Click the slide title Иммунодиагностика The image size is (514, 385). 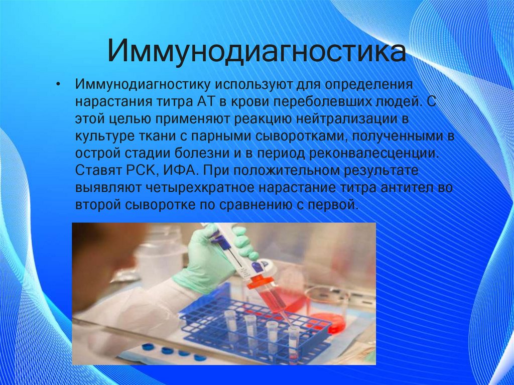[x=256, y=52]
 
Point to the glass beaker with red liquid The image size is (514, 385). [x=326, y=306]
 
